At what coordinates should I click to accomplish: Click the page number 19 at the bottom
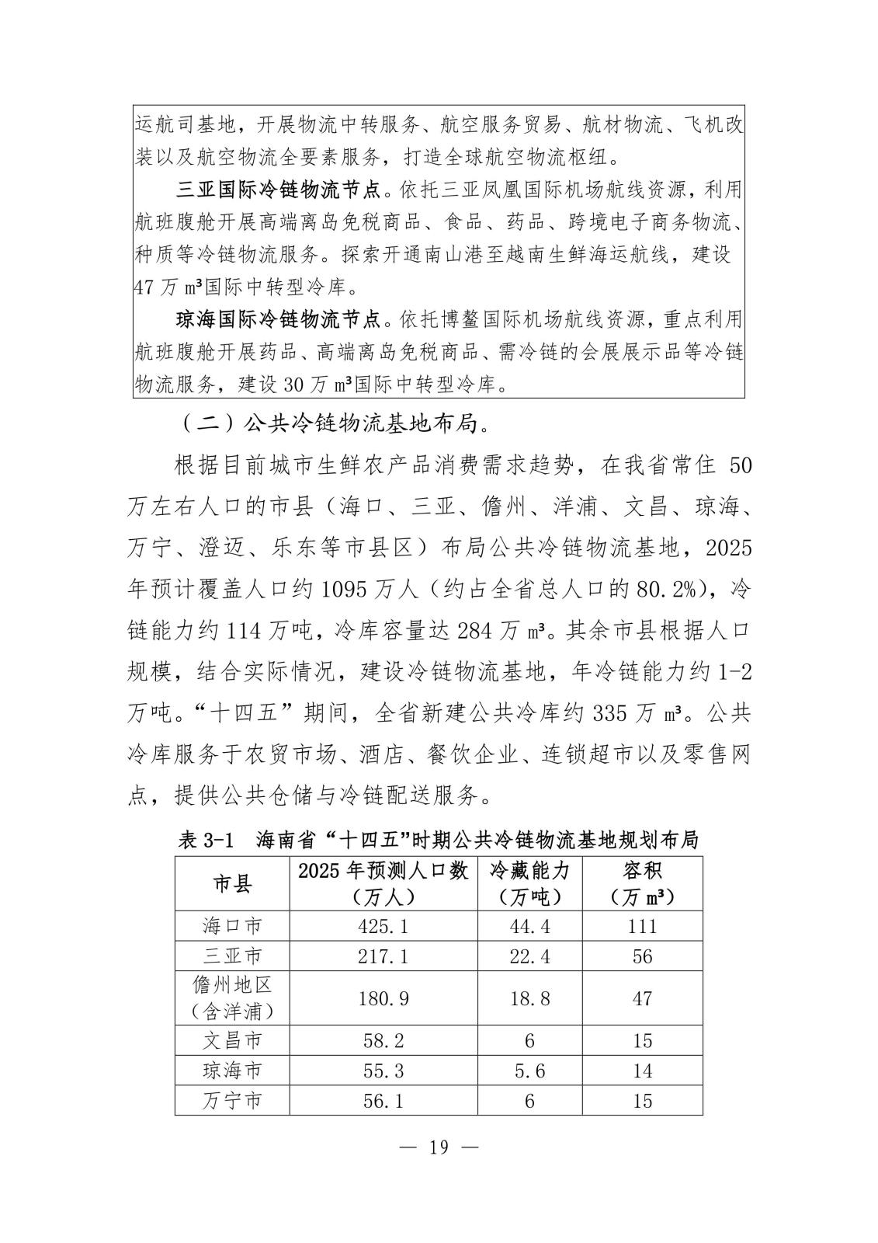click(x=439, y=1147)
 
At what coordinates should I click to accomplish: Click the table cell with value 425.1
click(x=383, y=926)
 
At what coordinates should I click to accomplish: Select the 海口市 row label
click(x=232, y=926)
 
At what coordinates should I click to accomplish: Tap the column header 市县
click(x=232, y=883)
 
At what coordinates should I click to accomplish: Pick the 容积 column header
click(x=642, y=883)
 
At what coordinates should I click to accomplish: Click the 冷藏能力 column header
click(x=529, y=883)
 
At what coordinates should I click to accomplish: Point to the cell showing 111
click(x=642, y=926)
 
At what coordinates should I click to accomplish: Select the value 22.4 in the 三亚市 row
click(x=529, y=956)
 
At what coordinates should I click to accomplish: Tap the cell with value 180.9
click(x=383, y=998)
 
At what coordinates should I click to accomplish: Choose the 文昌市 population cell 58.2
click(x=383, y=1041)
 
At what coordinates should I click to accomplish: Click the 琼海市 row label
click(x=232, y=1071)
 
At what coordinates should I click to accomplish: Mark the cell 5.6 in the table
click(x=529, y=1071)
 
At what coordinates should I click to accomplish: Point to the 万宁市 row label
click(x=232, y=1101)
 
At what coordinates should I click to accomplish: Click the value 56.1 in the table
click(x=383, y=1101)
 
